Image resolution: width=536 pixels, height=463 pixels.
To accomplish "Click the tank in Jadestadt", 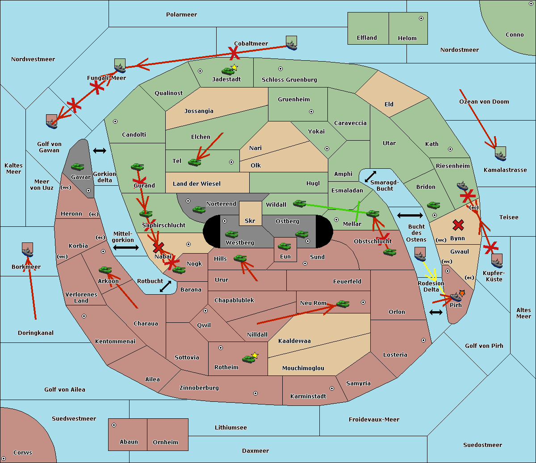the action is point(228,71).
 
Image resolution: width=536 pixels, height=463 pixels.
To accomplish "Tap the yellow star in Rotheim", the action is point(255,355).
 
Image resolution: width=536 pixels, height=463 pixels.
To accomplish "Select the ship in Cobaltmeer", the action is point(292,43).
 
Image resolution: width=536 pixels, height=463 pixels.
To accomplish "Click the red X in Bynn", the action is point(458,225).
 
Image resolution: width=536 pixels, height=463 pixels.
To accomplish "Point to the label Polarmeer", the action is point(181,15).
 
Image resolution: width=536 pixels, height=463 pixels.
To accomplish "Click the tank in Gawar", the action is point(77,167).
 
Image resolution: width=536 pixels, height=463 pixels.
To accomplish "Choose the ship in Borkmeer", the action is point(28,250).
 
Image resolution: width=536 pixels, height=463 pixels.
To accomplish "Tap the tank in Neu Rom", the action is point(343,304).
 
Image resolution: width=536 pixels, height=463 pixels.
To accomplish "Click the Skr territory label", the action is point(250,221).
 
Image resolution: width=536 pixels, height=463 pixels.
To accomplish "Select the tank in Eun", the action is point(284,246).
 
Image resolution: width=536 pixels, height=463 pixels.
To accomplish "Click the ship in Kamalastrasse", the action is point(500,154).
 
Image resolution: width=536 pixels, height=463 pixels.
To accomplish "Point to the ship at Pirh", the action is point(456,297).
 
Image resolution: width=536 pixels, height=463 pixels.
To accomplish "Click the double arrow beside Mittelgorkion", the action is point(126,248).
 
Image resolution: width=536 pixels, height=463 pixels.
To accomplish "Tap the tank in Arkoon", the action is point(105,270).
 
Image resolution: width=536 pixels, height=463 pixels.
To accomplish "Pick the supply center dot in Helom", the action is point(421,18).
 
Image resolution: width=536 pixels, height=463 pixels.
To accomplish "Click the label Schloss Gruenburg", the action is point(289,79).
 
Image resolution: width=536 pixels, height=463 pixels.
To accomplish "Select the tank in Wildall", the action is point(300,204).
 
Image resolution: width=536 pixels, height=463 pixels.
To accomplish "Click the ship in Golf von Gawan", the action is point(52,121).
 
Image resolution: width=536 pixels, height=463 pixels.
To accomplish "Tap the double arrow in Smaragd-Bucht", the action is point(370,176).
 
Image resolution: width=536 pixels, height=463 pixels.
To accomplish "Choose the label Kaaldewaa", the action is point(294,341).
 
